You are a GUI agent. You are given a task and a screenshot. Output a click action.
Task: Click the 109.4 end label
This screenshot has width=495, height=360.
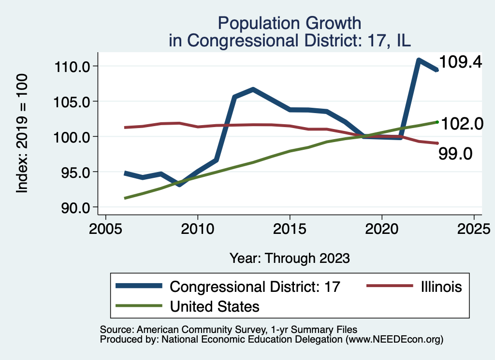(x=460, y=62)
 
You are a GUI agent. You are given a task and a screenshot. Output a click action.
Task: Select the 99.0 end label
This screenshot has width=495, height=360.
(x=455, y=154)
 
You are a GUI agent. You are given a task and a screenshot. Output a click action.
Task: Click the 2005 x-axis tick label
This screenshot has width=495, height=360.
(x=105, y=227)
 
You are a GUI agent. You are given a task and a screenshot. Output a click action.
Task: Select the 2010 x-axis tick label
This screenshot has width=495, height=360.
(x=198, y=227)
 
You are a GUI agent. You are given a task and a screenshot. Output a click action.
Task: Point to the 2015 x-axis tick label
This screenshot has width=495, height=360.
(x=290, y=227)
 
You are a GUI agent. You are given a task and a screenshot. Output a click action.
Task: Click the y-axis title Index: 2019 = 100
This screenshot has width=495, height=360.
(x=22, y=134)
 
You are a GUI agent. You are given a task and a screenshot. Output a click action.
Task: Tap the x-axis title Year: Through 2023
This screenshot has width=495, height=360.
(x=289, y=258)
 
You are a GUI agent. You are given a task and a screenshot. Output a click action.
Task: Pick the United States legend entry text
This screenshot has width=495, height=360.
(x=214, y=306)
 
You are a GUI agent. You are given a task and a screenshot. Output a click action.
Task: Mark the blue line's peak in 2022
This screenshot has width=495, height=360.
(x=419, y=60)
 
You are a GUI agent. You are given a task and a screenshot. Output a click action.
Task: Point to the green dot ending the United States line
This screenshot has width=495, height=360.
(x=437, y=122)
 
